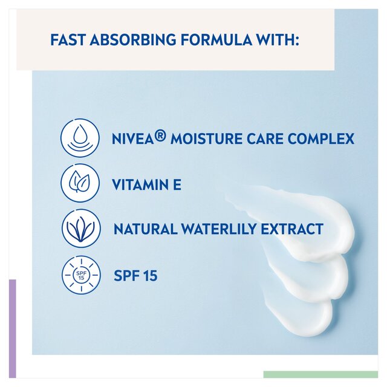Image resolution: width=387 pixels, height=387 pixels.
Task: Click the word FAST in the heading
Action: click(66, 41)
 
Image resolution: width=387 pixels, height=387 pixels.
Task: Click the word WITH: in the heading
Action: click(279, 41)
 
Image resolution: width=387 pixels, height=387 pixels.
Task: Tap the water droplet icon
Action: click(80, 138)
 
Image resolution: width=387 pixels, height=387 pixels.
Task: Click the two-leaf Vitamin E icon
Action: click(80, 183)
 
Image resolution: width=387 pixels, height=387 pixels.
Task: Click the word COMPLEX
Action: click(320, 138)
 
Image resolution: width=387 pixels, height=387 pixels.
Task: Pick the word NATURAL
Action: click(144, 230)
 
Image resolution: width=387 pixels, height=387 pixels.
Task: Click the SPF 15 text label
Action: click(135, 276)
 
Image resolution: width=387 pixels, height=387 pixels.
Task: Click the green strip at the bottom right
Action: click(320, 374)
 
